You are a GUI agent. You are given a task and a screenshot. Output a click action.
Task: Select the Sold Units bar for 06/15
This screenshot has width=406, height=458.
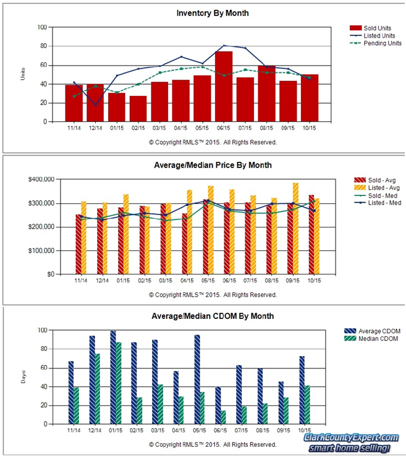(x=224, y=87)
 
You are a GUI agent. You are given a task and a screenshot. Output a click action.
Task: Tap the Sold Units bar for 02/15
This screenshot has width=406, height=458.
(x=138, y=109)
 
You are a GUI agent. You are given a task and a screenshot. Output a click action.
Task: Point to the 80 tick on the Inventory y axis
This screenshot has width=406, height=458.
(x=43, y=46)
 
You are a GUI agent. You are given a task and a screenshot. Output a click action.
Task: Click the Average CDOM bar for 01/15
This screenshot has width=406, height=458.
(x=113, y=378)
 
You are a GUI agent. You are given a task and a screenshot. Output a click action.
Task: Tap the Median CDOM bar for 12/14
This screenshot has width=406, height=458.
(x=98, y=389)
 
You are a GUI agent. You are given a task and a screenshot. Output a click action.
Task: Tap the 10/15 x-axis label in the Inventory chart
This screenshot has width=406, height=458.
(x=310, y=129)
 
